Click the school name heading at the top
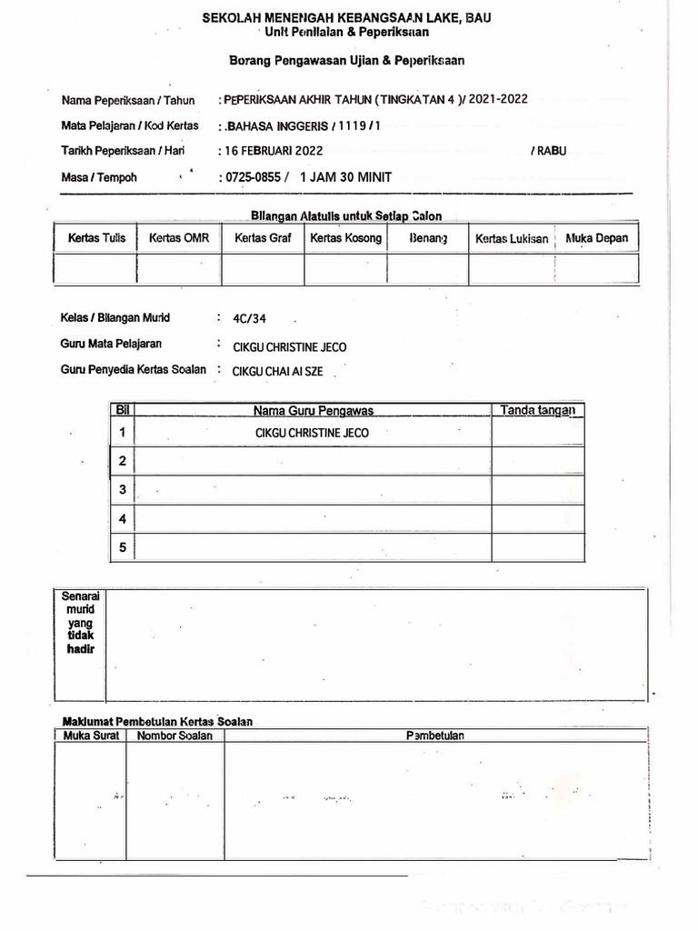[x=347, y=17]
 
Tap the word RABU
[x=548, y=151]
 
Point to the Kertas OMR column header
[x=178, y=238]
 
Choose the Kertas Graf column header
[x=263, y=238]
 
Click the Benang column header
[x=428, y=238]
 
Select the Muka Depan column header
[x=596, y=238]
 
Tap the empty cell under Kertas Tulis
[x=95, y=268]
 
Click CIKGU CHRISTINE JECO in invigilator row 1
[x=313, y=433]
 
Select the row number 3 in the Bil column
[x=122, y=490]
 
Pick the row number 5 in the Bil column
[x=122, y=546]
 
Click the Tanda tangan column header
[x=538, y=411]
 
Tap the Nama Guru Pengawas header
[x=313, y=411]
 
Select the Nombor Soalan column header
[x=174, y=736]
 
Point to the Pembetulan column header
[x=434, y=736]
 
